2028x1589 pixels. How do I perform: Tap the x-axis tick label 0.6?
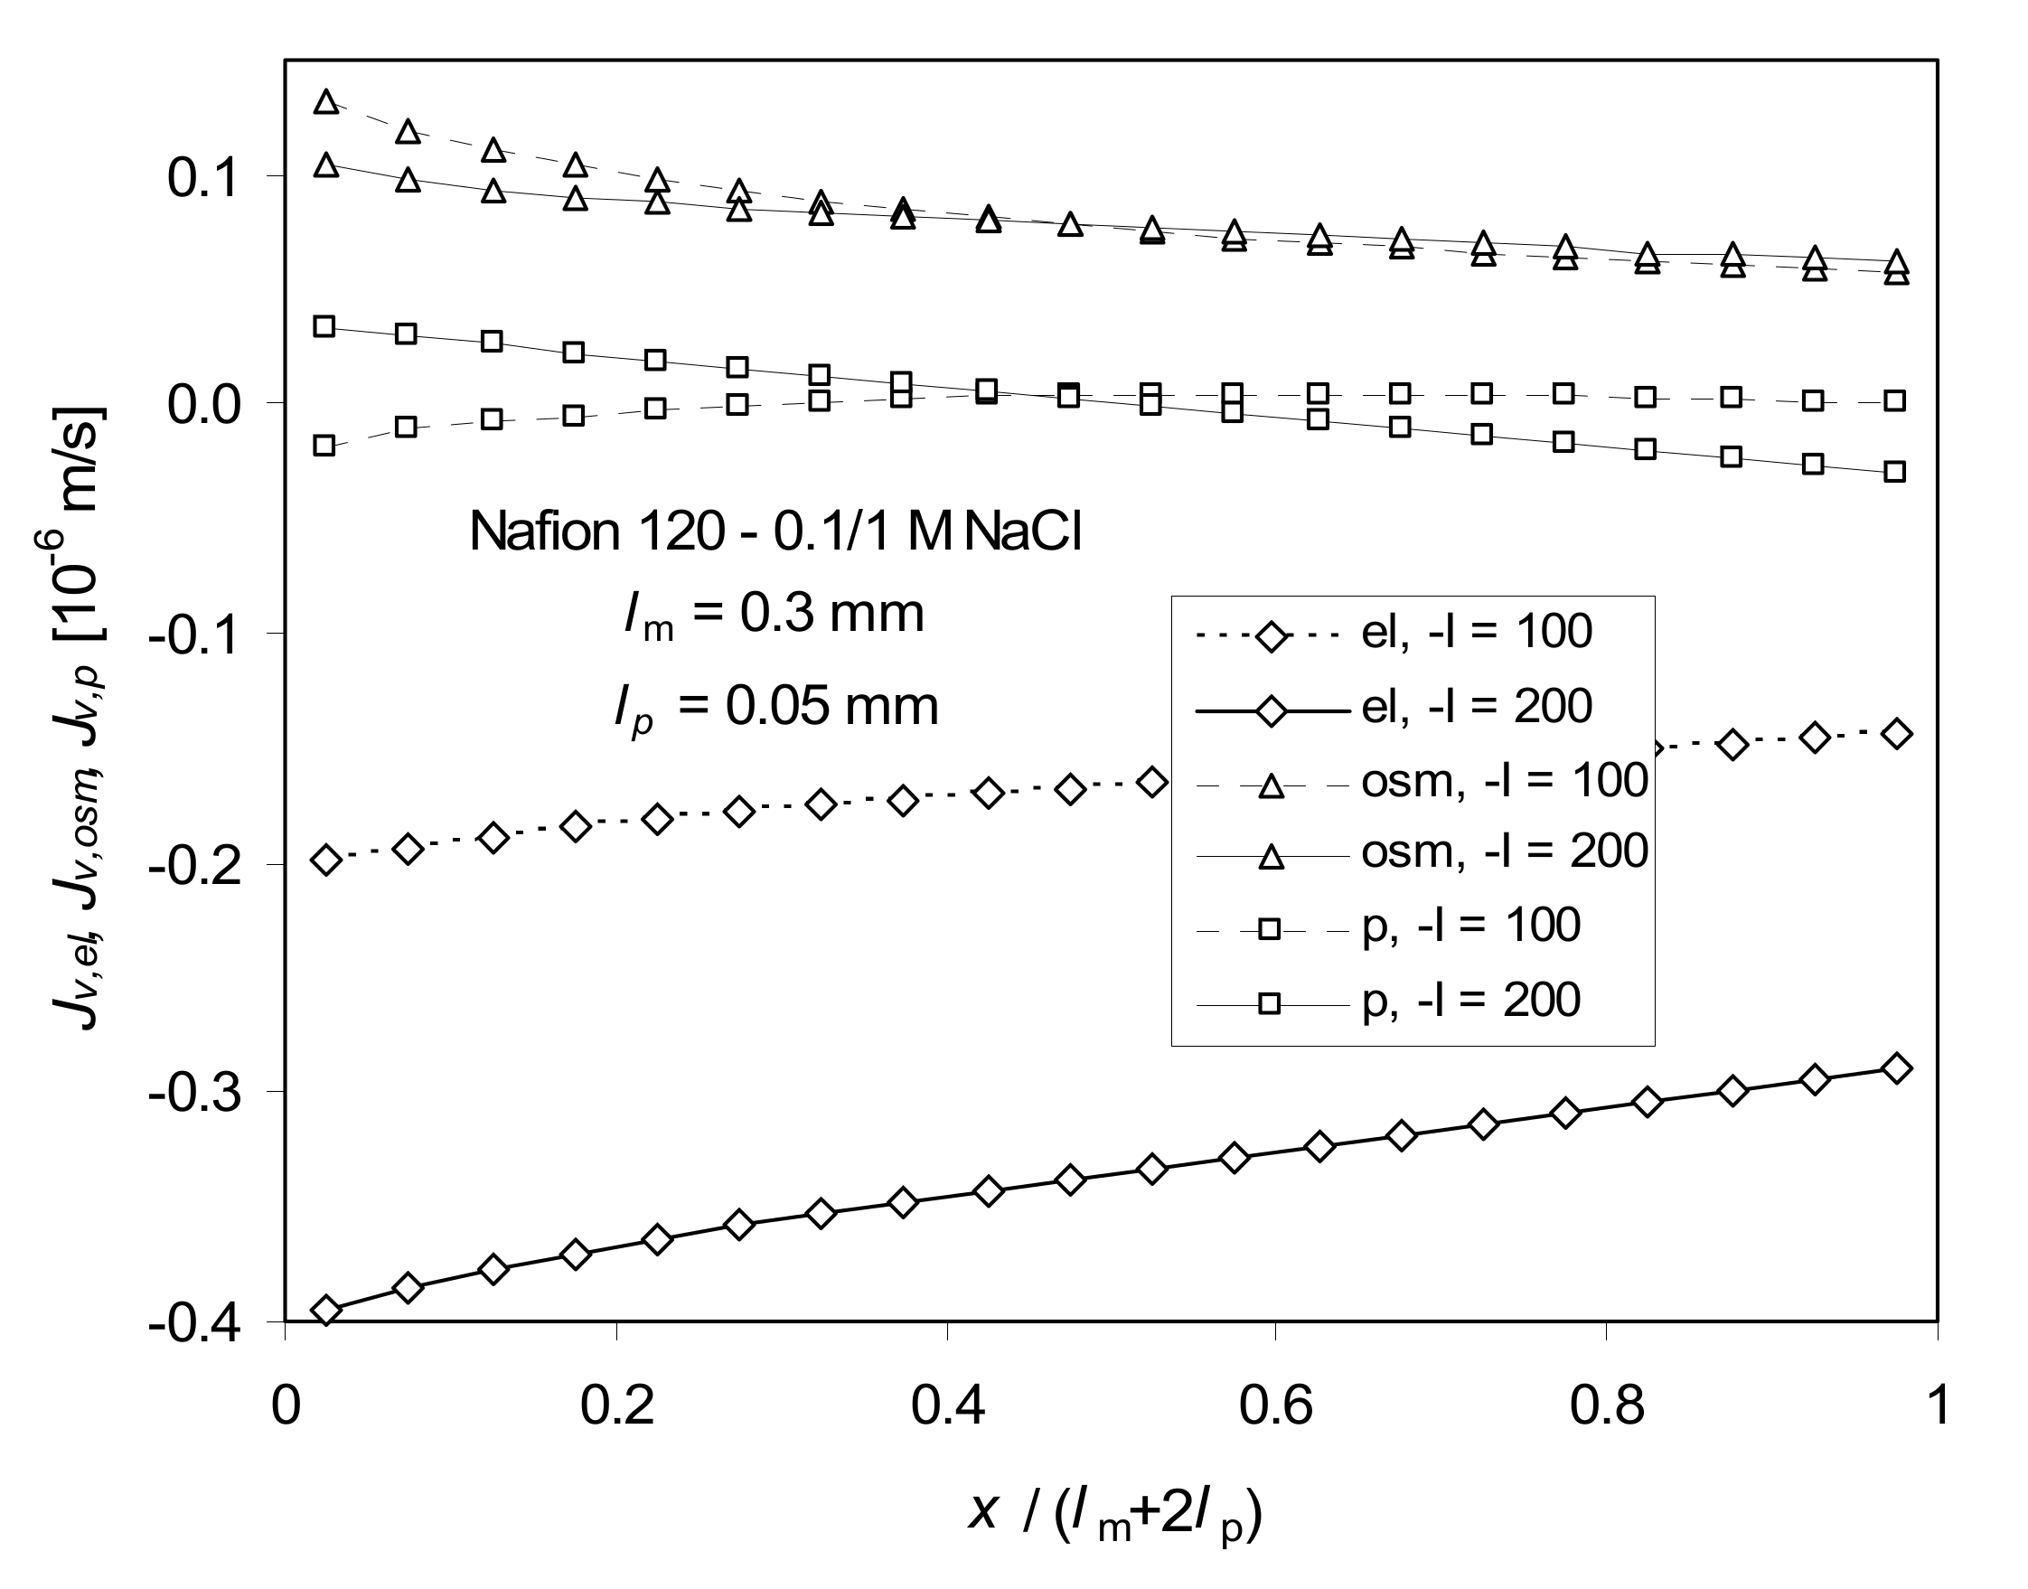(x=1275, y=1406)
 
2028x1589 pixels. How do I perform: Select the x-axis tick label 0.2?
(x=616, y=1406)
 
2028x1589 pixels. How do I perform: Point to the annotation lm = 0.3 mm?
(x=774, y=615)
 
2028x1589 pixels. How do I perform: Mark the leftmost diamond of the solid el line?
(x=325, y=1310)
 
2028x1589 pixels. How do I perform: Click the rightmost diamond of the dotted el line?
(x=1896, y=734)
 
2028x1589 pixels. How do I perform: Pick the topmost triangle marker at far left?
(x=325, y=101)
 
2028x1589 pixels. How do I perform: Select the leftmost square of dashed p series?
(x=324, y=445)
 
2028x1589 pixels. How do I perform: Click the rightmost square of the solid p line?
(x=1894, y=472)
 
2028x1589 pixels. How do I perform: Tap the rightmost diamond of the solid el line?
(x=1896, y=1068)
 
